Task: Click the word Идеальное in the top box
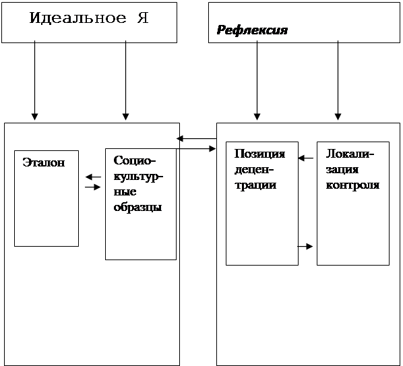77,18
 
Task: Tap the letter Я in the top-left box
143,18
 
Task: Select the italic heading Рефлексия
252,30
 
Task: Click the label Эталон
44,162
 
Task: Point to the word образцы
137,207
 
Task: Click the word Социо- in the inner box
135,160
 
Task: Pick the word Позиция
259,154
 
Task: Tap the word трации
255,185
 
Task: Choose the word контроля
352,185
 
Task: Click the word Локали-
350,154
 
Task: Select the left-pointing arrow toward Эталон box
93,177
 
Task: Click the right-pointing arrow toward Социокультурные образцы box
93,187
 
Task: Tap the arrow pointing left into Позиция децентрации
306,158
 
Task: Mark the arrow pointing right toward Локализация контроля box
305,246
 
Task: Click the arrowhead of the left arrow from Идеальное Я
34,117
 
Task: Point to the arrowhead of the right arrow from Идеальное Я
125,117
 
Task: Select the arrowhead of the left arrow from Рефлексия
257,117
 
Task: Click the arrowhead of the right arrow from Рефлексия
338,117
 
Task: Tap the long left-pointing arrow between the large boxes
197,139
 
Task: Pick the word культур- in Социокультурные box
138,177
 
